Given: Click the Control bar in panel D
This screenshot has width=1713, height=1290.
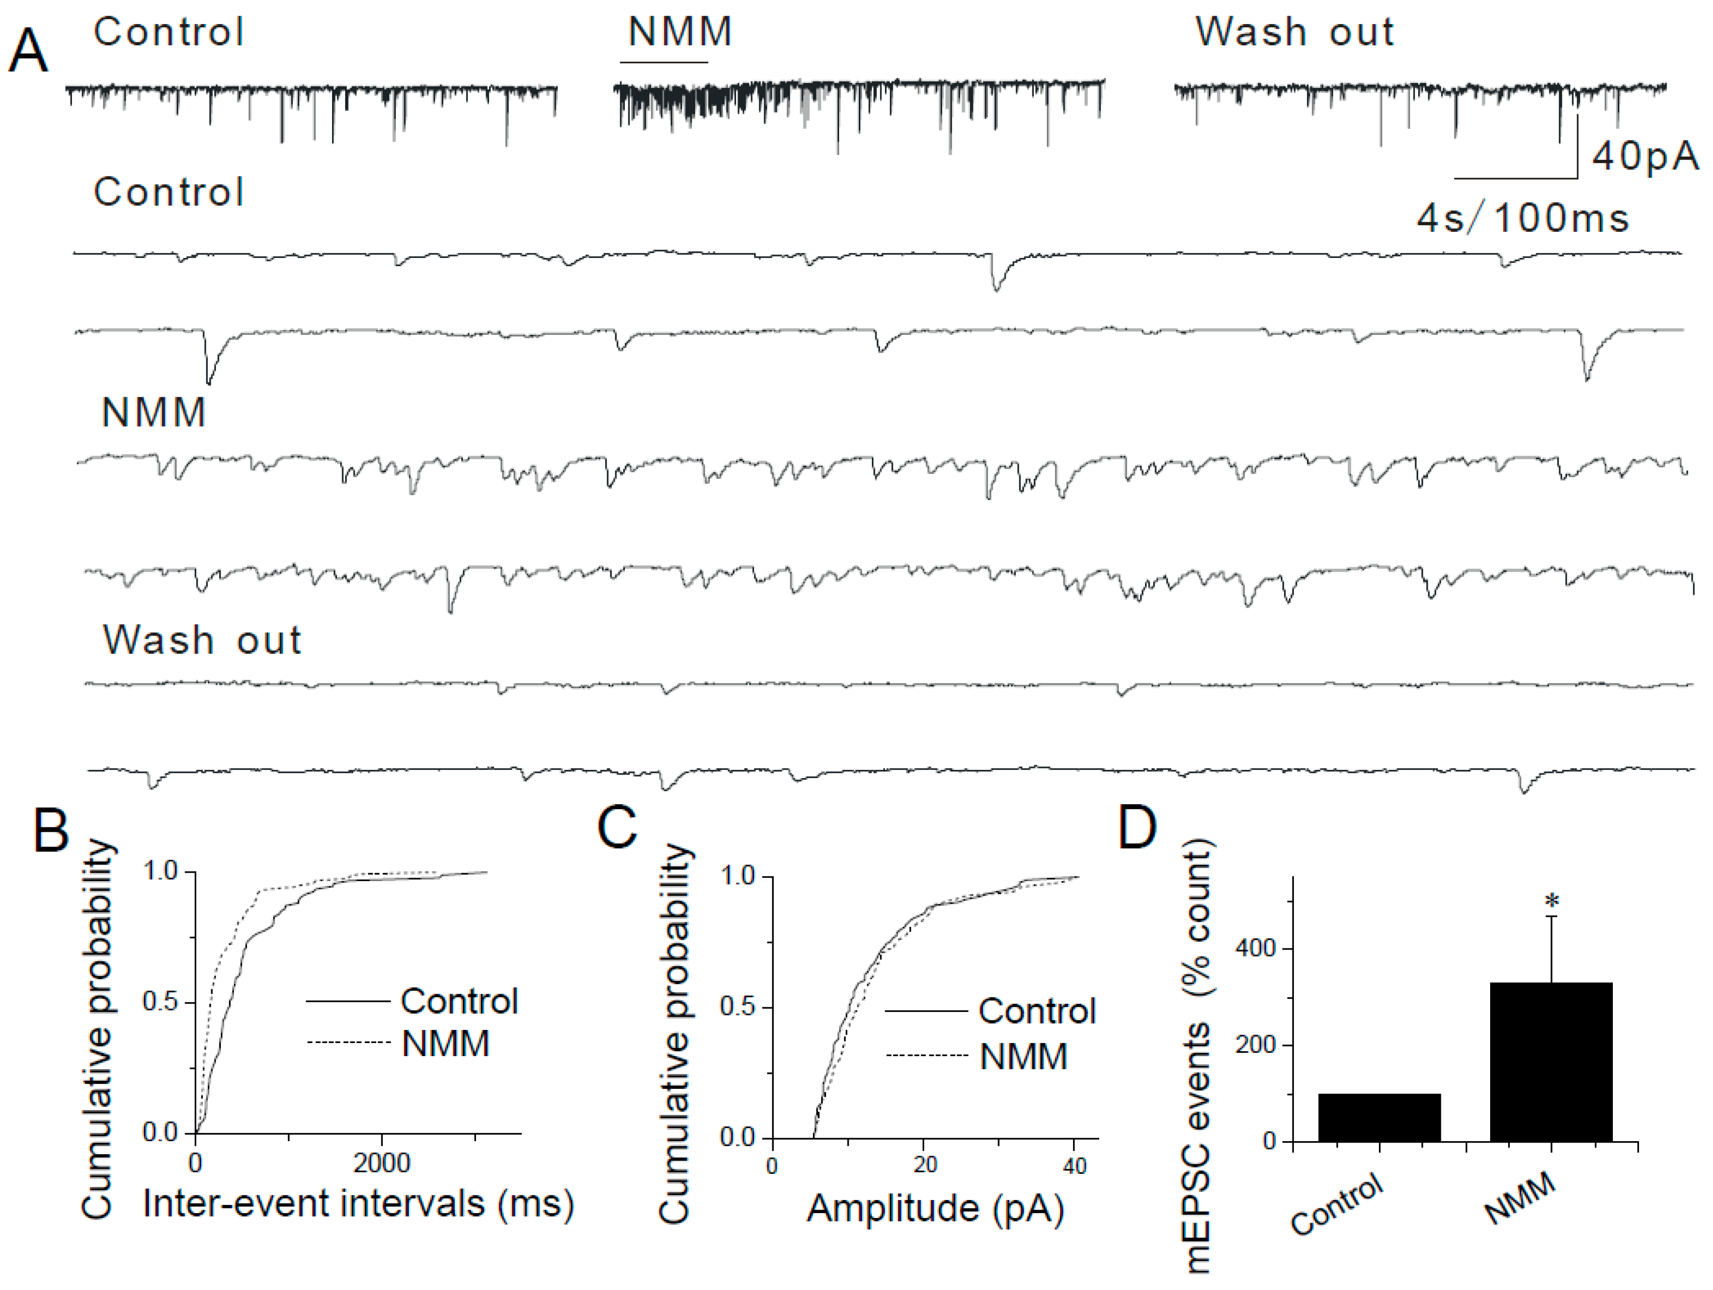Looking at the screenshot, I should pyautogui.click(x=1379, y=1117).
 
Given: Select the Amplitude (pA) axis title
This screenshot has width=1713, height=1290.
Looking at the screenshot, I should pyautogui.click(x=936, y=1209).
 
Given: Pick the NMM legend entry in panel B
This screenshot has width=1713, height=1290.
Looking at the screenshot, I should pyautogui.click(x=445, y=1044).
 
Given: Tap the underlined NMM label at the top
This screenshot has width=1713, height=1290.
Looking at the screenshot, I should pyautogui.click(x=679, y=33).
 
